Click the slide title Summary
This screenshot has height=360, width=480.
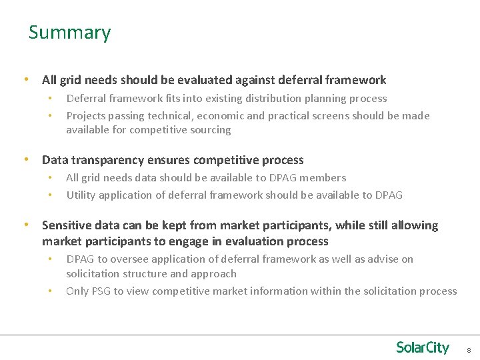(69, 33)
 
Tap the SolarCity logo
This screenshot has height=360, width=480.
(423, 347)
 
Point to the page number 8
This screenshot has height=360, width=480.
(469, 350)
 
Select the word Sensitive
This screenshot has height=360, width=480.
(67, 225)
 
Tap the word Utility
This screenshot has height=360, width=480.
(81, 195)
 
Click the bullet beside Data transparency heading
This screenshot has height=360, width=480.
(26, 160)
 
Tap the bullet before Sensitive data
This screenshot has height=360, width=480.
(26, 225)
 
